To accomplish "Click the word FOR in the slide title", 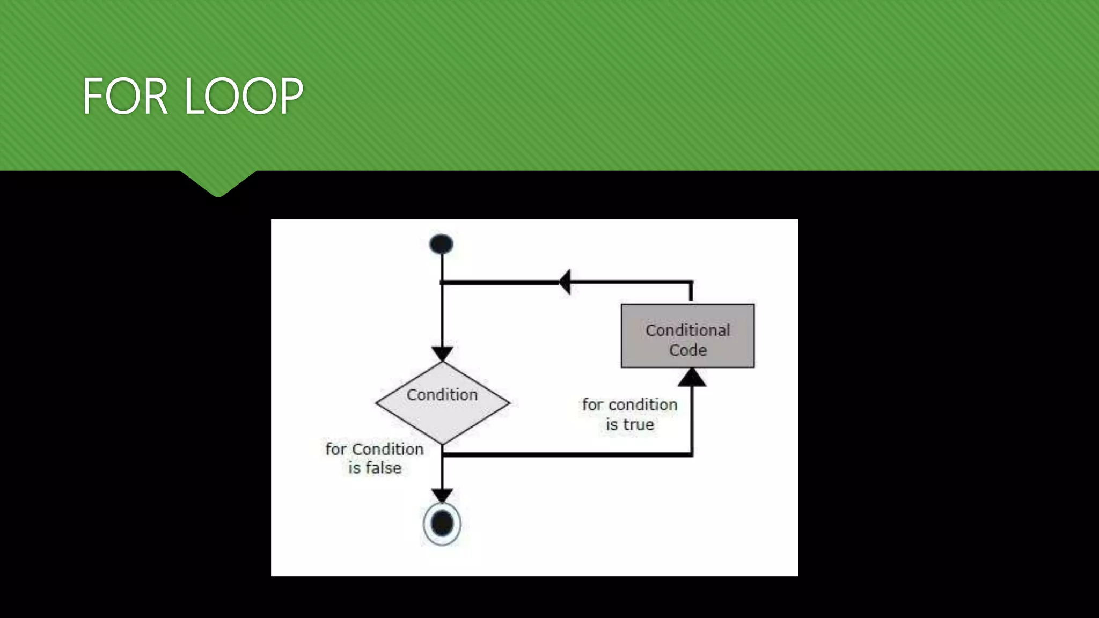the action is (125, 97).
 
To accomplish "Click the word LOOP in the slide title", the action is (244, 97).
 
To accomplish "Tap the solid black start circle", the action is (442, 244).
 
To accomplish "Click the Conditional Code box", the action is (687, 336).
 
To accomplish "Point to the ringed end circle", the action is (442, 524).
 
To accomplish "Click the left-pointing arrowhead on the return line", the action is (565, 282).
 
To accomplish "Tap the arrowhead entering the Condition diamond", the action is (442, 354).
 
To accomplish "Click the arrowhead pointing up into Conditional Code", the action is (692, 378).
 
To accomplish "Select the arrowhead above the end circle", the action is (442, 495).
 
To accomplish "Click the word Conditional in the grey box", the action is (687, 330).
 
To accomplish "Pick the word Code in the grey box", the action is (687, 350).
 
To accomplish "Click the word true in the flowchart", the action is (637, 425).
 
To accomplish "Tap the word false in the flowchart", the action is (382, 468).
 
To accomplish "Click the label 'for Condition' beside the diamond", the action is (374, 449).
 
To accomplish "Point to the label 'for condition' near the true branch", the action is (629, 404).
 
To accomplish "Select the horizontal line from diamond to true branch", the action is (566, 455).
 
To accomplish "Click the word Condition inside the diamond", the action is (442, 395).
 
